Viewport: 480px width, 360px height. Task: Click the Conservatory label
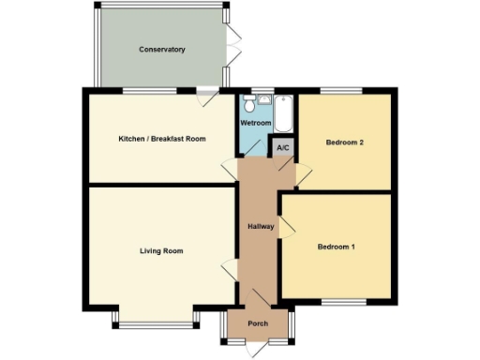tap(162, 49)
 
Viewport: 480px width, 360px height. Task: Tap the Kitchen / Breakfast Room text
tap(162, 139)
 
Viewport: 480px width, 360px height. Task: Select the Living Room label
tap(161, 251)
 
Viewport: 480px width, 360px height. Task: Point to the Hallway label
tap(260, 227)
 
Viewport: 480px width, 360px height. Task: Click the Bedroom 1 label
tap(336, 247)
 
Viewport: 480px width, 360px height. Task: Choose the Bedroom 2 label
tap(344, 142)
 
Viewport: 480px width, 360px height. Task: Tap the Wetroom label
tap(256, 123)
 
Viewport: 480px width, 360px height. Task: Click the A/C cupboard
tap(282, 146)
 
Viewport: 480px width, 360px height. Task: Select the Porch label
tap(258, 323)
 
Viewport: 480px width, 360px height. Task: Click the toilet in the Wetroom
tap(247, 103)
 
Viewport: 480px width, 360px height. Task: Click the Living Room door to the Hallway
tap(229, 268)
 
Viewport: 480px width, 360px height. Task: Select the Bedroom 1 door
tap(287, 226)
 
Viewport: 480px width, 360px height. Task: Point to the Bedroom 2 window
tap(343, 90)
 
